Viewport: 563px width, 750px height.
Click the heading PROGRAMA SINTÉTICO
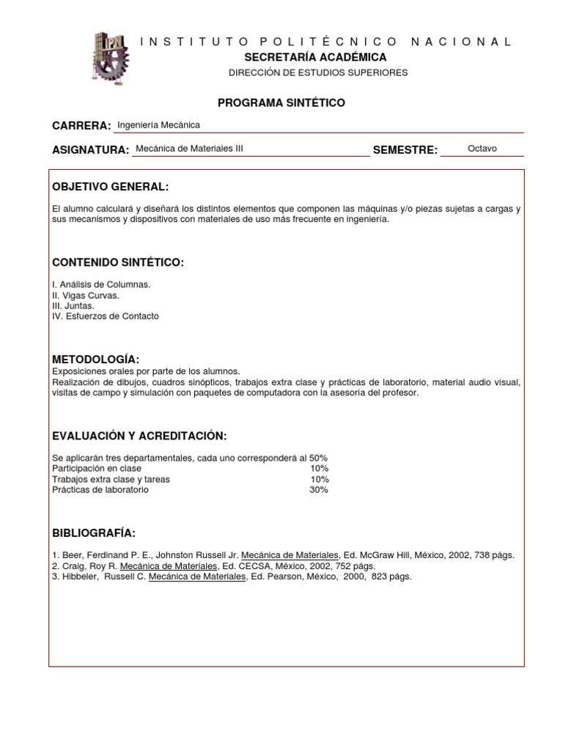pos(281,103)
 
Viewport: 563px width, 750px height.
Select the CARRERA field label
pos(81,126)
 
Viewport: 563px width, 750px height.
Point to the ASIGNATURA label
pos(90,149)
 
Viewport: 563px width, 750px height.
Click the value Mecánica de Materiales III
pos(189,149)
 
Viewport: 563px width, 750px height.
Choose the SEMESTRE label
pos(405,149)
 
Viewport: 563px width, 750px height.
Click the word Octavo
pos(482,149)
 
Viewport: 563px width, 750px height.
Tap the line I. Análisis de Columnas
pos(101,284)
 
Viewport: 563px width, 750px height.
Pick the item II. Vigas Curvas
pos(85,295)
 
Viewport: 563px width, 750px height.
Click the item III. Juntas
pos(73,305)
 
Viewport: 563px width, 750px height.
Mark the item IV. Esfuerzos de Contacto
pos(105,316)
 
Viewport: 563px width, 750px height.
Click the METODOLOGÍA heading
pos(95,359)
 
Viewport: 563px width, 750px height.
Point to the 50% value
pos(319,458)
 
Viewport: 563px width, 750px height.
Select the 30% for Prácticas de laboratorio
pos(319,489)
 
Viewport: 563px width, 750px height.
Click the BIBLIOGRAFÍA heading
pos(94,532)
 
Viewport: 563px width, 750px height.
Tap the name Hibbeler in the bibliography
pos(78,576)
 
